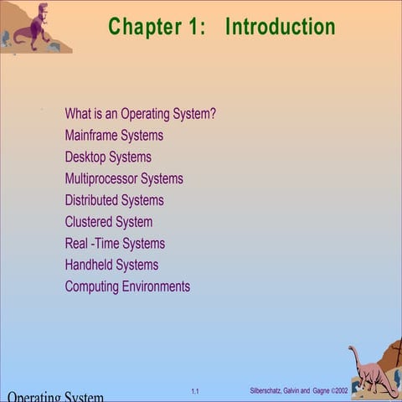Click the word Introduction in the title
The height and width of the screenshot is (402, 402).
tap(280, 27)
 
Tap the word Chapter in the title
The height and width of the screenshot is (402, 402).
tap(142, 27)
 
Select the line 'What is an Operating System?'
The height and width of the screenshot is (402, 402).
tap(140, 113)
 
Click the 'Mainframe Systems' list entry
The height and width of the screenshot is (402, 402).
tap(114, 135)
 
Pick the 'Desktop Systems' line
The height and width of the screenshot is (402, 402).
tap(108, 157)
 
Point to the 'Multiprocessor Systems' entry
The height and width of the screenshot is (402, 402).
tap(124, 178)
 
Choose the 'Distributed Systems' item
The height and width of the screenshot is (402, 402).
tap(114, 200)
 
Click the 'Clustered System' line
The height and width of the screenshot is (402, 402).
tap(109, 222)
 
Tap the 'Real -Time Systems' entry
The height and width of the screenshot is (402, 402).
tap(115, 244)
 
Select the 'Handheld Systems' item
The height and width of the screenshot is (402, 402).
tap(111, 265)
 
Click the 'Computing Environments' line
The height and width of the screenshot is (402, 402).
tap(127, 286)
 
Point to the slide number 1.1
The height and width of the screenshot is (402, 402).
tap(194, 391)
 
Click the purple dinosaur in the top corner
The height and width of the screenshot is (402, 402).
tap(32, 27)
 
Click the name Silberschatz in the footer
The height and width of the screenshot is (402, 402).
tap(268, 391)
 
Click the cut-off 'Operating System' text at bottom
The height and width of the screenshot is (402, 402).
tap(55, 396)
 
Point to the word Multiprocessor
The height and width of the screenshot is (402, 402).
tap(101, 178)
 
